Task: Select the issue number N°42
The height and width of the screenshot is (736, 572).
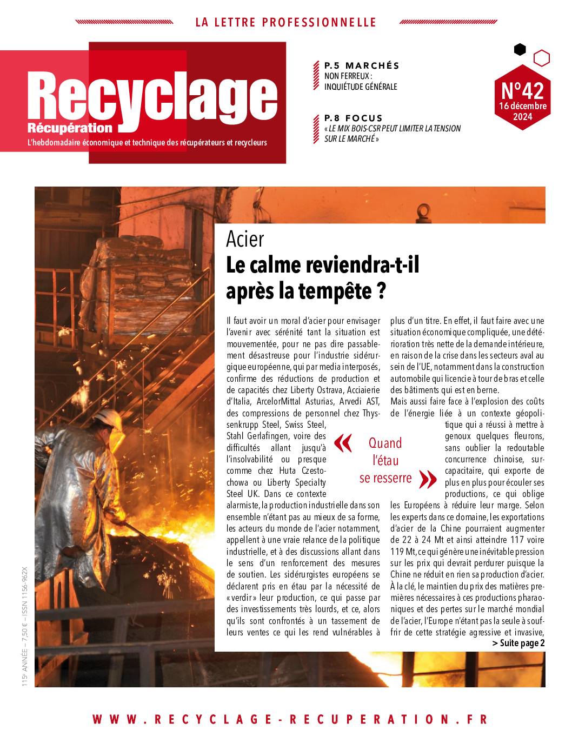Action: point(522,88)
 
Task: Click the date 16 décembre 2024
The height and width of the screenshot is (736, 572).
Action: point(523,111)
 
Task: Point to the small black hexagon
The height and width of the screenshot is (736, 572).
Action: point(520,50)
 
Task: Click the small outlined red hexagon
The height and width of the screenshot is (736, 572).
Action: point(541,57)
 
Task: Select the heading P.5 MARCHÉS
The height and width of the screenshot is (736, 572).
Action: point(362,65)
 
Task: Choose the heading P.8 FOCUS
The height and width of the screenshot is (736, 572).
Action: point(353,118)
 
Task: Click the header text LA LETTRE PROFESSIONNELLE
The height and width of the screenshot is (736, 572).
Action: point(285,22)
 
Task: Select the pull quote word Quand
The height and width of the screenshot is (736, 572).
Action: point(385,443)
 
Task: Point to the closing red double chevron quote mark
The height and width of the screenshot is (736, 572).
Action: point(428,478)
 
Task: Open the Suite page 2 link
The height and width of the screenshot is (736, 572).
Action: point(518,643)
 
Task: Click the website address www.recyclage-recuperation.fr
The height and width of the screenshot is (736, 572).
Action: point(290,719)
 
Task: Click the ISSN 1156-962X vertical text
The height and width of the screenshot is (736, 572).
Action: point(25,589)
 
